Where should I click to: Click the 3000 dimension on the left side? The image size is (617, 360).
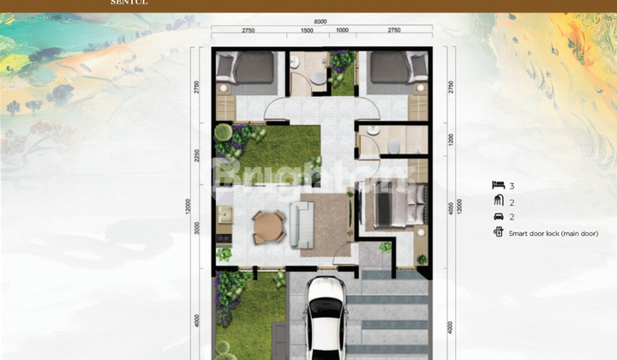(196, 226)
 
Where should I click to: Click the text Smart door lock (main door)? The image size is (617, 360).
(553, 233)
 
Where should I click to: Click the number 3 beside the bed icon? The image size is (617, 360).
(512, 185)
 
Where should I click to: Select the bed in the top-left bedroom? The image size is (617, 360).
(248, 68)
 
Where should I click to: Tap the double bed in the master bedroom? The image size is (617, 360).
(395, 206)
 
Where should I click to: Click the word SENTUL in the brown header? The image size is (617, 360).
(129, 3)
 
